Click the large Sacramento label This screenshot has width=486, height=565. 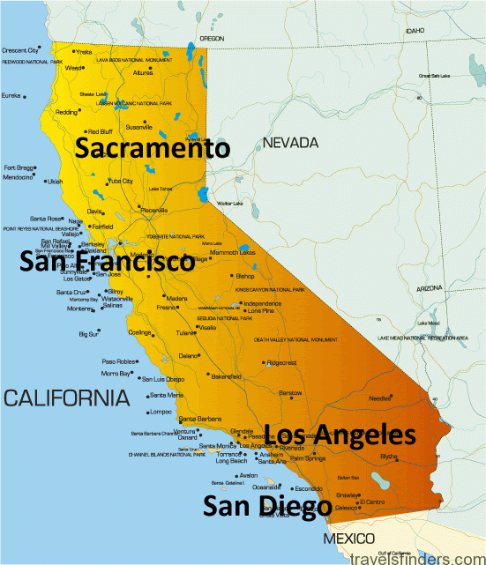[x=152, y=147]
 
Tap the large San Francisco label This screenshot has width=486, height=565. [x=107, y=262]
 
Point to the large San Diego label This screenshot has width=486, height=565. [x=267, y=506]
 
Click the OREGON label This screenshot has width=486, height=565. [x=213, y=39]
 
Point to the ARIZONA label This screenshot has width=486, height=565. [x=430, y=288]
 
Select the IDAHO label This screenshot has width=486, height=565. [x=415, y=30]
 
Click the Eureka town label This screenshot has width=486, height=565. [x=11, y=95]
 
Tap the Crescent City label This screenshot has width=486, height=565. [x=20, y=50]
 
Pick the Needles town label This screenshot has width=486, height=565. [x=379, y=398]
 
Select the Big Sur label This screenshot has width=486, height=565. [x=88, y=334]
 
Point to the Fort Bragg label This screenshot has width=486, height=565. [x=19, y=167]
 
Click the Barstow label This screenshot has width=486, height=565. [x=290, y=392]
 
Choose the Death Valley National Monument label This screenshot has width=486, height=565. [x=295, y=339]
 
